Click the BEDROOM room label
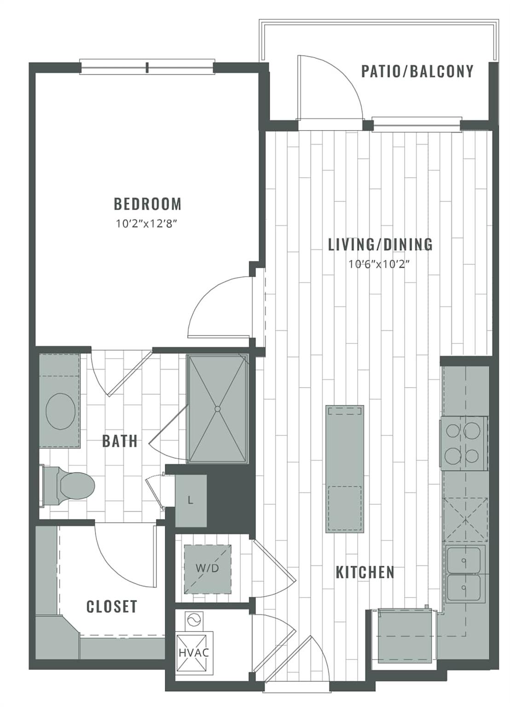point(147,203)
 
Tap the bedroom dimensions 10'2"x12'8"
point(147,225)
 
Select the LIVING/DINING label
point(380,244)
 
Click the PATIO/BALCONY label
point(417,71)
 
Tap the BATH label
point(120,441)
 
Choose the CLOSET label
point(112,606)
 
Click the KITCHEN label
point(365,572)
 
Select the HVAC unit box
point(194,652)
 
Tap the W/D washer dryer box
point(207,568)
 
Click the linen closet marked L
point(191,500)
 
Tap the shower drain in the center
point(217,408)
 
